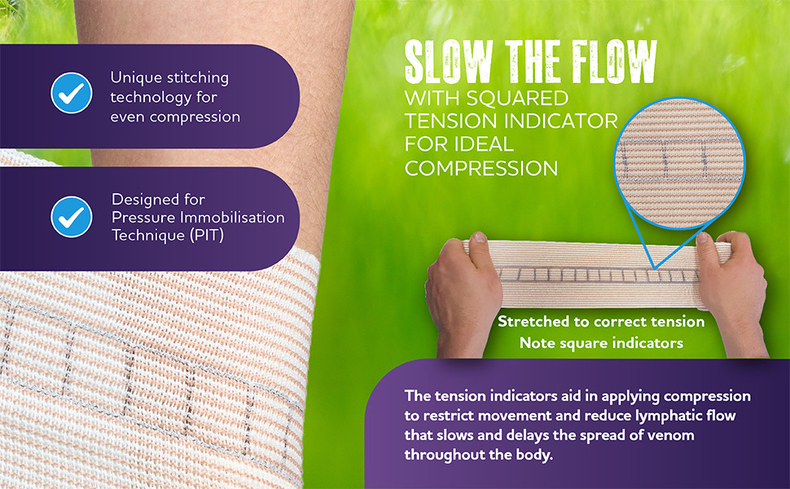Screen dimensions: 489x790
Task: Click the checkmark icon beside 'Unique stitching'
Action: pyautogui.click(x=71, y=93)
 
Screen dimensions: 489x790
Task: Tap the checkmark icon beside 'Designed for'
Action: pyautogui.click(x=71, y=216)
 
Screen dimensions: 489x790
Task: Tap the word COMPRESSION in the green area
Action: pyautogui.click(x=481, y=168)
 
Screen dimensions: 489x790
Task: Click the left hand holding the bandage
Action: pyautogui.click(x=461, y=293)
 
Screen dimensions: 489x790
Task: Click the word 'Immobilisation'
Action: pyautogui.click(x=232, y=218)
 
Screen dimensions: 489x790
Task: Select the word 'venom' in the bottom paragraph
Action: pyautogui.click(x=671, y=435)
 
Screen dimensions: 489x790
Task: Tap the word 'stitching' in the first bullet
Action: pyautogui.click(x=196, y=78)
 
